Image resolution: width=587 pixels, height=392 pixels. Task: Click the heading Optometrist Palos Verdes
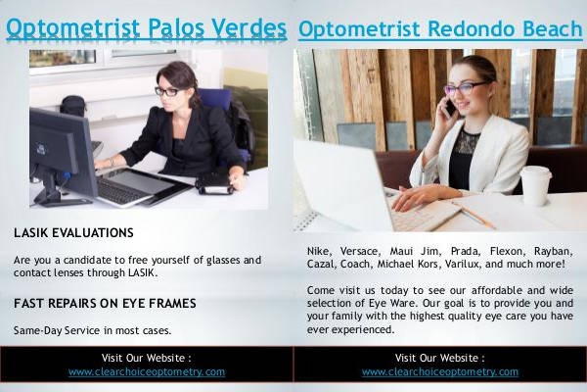click(x=147, y=28)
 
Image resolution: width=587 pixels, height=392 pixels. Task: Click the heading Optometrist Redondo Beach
click(x=440, y=29)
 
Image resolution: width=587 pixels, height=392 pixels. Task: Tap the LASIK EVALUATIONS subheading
click(x=73, y=233)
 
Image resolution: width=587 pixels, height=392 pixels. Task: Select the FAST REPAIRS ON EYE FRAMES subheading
click(x=105, y=303)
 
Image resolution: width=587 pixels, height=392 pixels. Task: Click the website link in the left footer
click(x=147, y=371)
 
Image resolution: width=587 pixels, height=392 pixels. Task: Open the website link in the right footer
click(x=440, y=371)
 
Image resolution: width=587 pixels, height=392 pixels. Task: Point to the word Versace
click(x=360, y=251)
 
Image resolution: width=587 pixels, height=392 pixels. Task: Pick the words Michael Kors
click(x=407, y=264)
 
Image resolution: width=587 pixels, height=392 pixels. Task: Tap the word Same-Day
click(x=37, y=330)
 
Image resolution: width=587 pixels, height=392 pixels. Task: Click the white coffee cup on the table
click(x=535, y=185)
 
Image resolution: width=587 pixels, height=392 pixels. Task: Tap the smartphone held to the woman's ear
click(x=450, y=107)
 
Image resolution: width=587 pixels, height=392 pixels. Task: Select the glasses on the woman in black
click(x=167, y=91)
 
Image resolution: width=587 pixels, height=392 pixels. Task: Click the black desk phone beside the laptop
click(x=214, y=185)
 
